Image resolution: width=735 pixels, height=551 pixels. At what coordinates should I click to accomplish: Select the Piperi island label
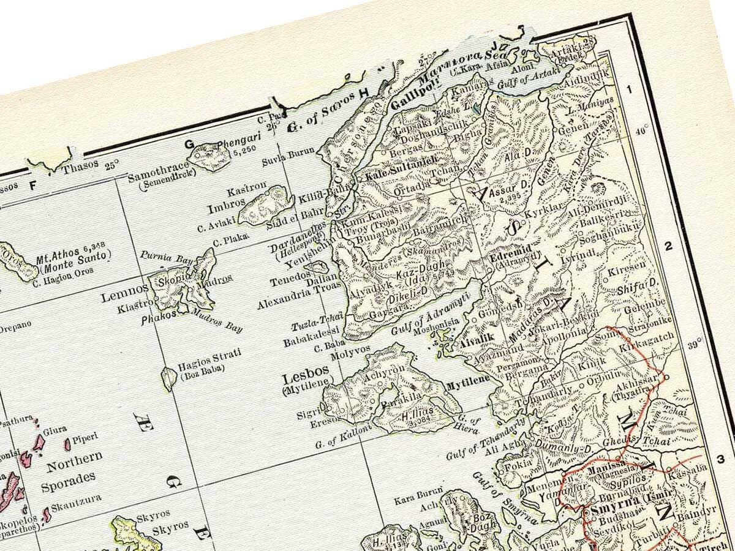click(x=85, y=439)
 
